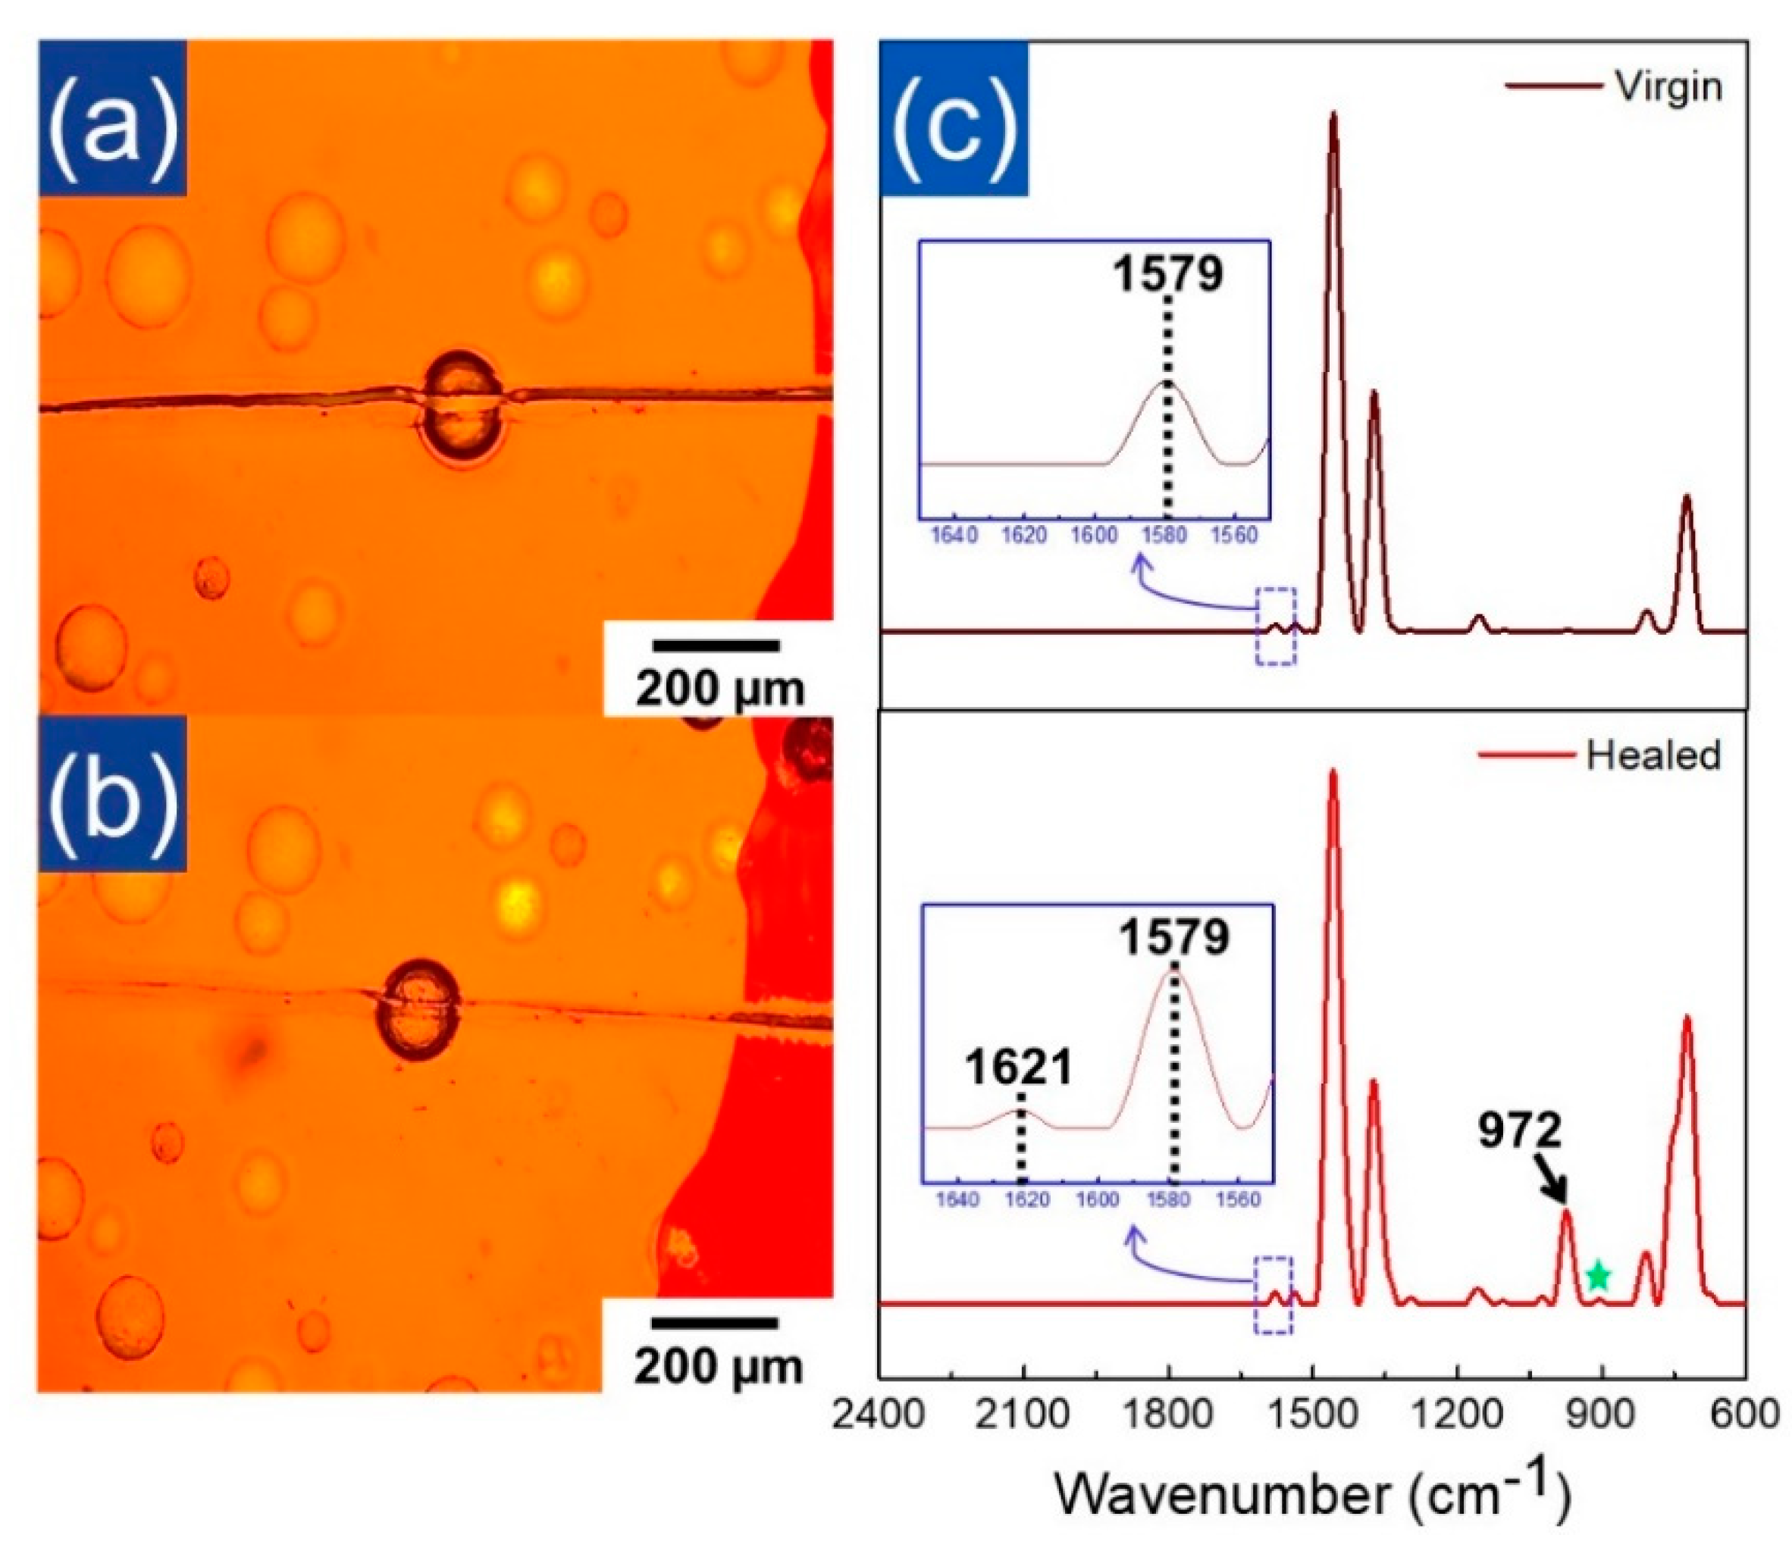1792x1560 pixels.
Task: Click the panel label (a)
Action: (111, 117)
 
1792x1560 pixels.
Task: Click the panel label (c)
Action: (954, 117)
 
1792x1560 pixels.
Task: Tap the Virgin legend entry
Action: (1668, 86)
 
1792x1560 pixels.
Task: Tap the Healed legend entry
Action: (1652, 755)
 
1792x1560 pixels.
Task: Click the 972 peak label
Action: (1519, 1131)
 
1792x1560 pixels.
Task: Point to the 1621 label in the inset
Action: (1018, 1068)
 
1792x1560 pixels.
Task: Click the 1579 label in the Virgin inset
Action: (1167, 274)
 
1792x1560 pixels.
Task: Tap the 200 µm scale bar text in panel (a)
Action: (719, 689)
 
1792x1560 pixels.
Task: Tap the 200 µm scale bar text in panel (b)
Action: (718, 1366)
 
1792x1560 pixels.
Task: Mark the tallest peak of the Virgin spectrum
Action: (1332, 117)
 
